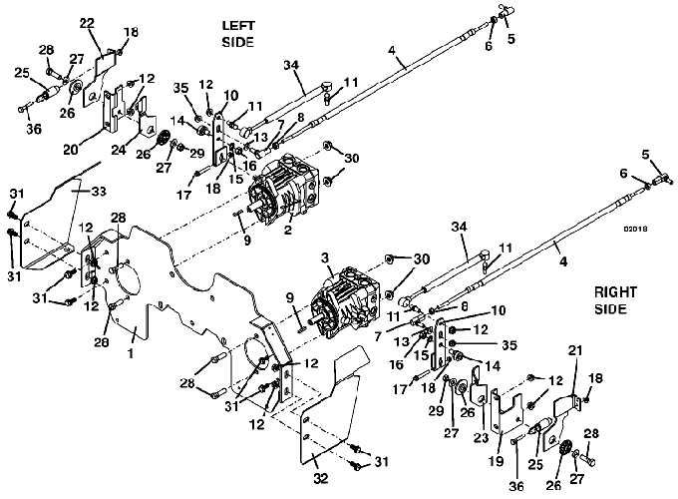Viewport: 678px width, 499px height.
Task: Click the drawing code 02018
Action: coord(637,228)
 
